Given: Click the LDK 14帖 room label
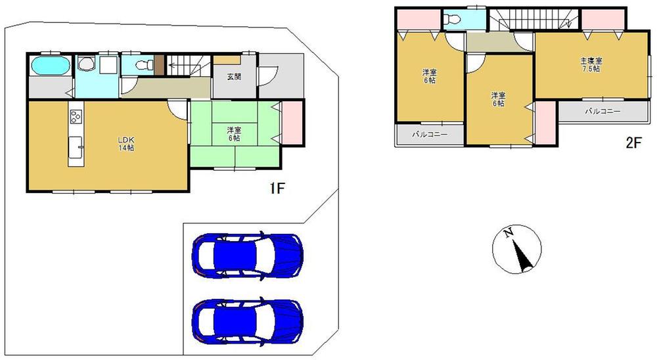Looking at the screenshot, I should [x=126, y=145].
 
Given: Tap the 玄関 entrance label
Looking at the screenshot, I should [x=234, y=77].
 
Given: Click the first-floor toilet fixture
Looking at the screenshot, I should [x=141, y=65].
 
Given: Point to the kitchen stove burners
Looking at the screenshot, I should [x=74, y=118].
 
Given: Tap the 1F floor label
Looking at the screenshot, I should [x=277, y=190].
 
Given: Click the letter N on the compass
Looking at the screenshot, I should [x=508, y=233].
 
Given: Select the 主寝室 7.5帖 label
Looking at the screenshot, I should [x=591, y=64].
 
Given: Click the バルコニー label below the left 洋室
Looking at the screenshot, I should [x=430, y=135].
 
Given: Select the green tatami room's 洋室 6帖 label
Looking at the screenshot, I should [x=234, y=134].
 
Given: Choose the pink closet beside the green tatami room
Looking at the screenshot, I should [x=292, y=121].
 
